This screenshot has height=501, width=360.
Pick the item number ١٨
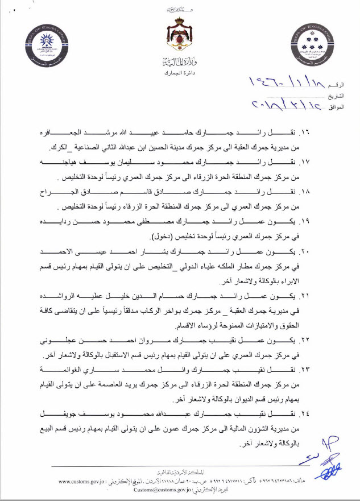337,190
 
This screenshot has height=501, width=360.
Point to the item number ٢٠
337,251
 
